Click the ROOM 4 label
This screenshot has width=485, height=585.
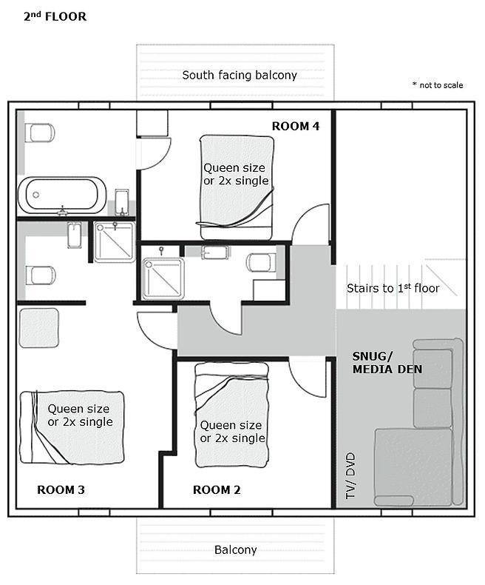(296, 126)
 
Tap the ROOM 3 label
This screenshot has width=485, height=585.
(61, 489)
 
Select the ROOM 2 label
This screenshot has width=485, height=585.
(217, 489)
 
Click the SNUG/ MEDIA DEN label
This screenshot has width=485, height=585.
(387, 363)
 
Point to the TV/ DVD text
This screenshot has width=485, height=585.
(350, 475)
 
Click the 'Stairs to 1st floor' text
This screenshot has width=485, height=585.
(393, 288)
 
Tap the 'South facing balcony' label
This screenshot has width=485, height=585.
(240, 75)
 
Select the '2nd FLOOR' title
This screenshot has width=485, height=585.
(55, 16)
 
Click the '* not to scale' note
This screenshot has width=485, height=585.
(438, 85)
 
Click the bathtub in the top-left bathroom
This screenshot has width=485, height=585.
(62, 195)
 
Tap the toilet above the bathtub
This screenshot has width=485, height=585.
(39, 133)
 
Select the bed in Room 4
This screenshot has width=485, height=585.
(236, 187)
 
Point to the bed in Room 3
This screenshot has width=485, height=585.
(72, 427)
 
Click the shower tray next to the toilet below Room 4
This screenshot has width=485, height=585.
(163, 278)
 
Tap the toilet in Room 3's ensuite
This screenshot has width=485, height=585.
(40, 275)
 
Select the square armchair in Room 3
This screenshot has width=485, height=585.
(38, 327)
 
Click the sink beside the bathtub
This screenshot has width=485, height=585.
(122, 201)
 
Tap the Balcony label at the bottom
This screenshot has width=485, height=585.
(235, 550)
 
